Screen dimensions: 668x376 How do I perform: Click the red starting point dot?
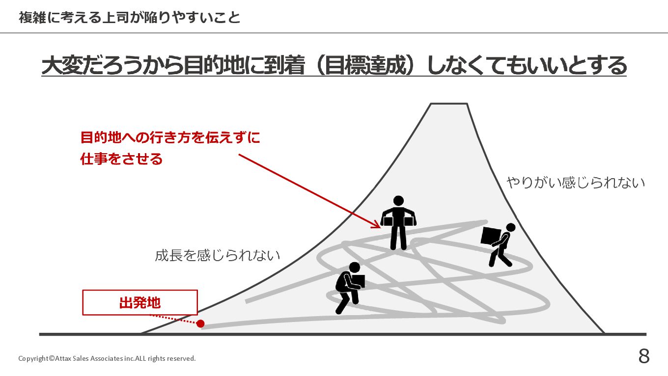(x=200, y=323)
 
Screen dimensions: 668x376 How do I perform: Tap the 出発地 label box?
(x=140, y=302)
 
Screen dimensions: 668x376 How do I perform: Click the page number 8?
(x=644, y=356)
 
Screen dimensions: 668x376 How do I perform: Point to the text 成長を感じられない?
(x=218, y=255)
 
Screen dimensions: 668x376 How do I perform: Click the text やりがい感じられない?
(x=576, y=183)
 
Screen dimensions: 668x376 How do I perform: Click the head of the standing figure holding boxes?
(x=398, y=201)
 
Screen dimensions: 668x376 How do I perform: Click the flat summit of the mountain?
(x=448, y=105)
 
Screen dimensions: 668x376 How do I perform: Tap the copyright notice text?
(x=107, y=358)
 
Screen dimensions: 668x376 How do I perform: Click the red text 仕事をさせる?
(x=121, y=159)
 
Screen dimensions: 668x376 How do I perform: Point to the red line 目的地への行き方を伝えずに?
(x=170, y=138)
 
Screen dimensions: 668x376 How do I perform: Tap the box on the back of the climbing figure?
(x=491, y=237)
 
